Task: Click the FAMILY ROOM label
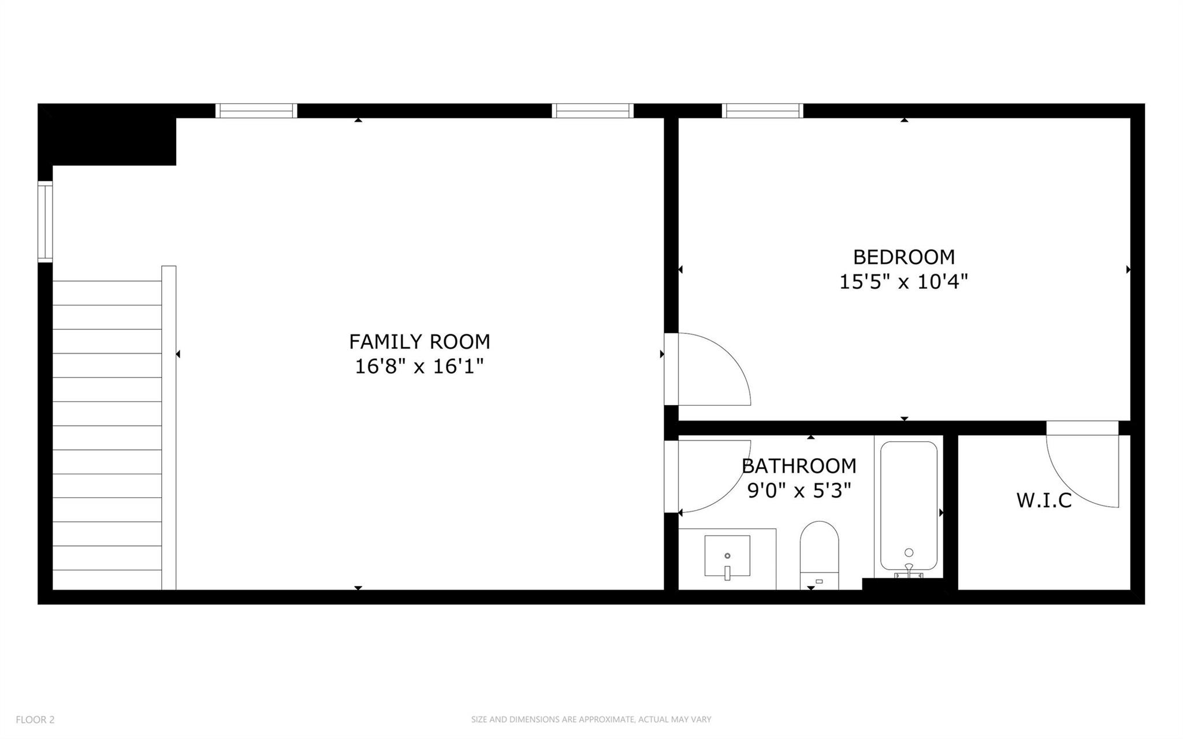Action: click(x=419, y=341)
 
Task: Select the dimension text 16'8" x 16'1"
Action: click(x=419, y=366)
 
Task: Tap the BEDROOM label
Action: click(x=903, y=257)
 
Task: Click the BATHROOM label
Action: click(x=799, y=466)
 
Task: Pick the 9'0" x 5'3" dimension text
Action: click(x=799, y=491)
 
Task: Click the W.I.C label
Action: click(x=1044, y=500)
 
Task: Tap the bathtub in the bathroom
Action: click(x=909, y=506)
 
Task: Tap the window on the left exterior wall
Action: click(x=45, y=221)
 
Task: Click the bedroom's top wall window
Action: click(x=762, y=110)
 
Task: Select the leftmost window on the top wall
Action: click(x=256, y=110)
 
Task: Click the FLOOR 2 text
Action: click(x=35, y=719)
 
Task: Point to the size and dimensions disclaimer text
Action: click(x=591, y=719)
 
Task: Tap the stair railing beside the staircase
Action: click(x=169, y=428)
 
